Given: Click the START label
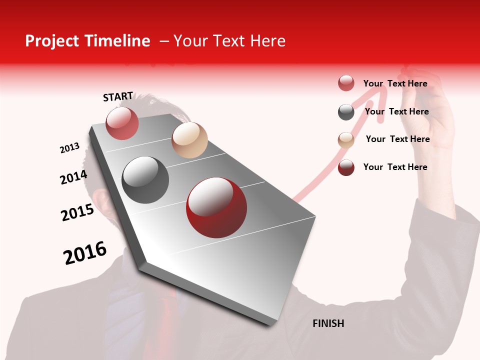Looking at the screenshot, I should click(x=118, y=96).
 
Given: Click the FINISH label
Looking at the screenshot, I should click(x=328, y=323).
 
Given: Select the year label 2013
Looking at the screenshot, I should click(x=69, y=148).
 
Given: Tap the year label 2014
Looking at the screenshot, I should click(x=73, y=177).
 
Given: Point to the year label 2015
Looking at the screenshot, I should click(x=77, y=212).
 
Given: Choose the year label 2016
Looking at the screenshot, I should click(x=85, y=253).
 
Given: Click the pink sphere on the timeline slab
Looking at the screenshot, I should click(x=122, y=123).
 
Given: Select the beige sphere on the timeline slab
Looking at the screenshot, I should click(x=189, y=140).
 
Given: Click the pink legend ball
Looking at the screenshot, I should click(x=346, y=83).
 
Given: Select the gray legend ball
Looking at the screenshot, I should click(x=346, y=112).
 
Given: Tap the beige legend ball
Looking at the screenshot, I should click(x=346, y=140).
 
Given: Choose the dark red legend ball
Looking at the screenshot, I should click(x=346, y=167).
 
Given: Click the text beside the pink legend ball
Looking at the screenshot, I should click(x=395, y=83).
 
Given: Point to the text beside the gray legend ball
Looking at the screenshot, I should click(x=396, y=111).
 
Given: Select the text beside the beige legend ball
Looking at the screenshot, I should click(x=397, y=139).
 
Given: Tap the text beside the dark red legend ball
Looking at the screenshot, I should click(x=395, y=167).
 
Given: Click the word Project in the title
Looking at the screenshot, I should click(x=51, y=41).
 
